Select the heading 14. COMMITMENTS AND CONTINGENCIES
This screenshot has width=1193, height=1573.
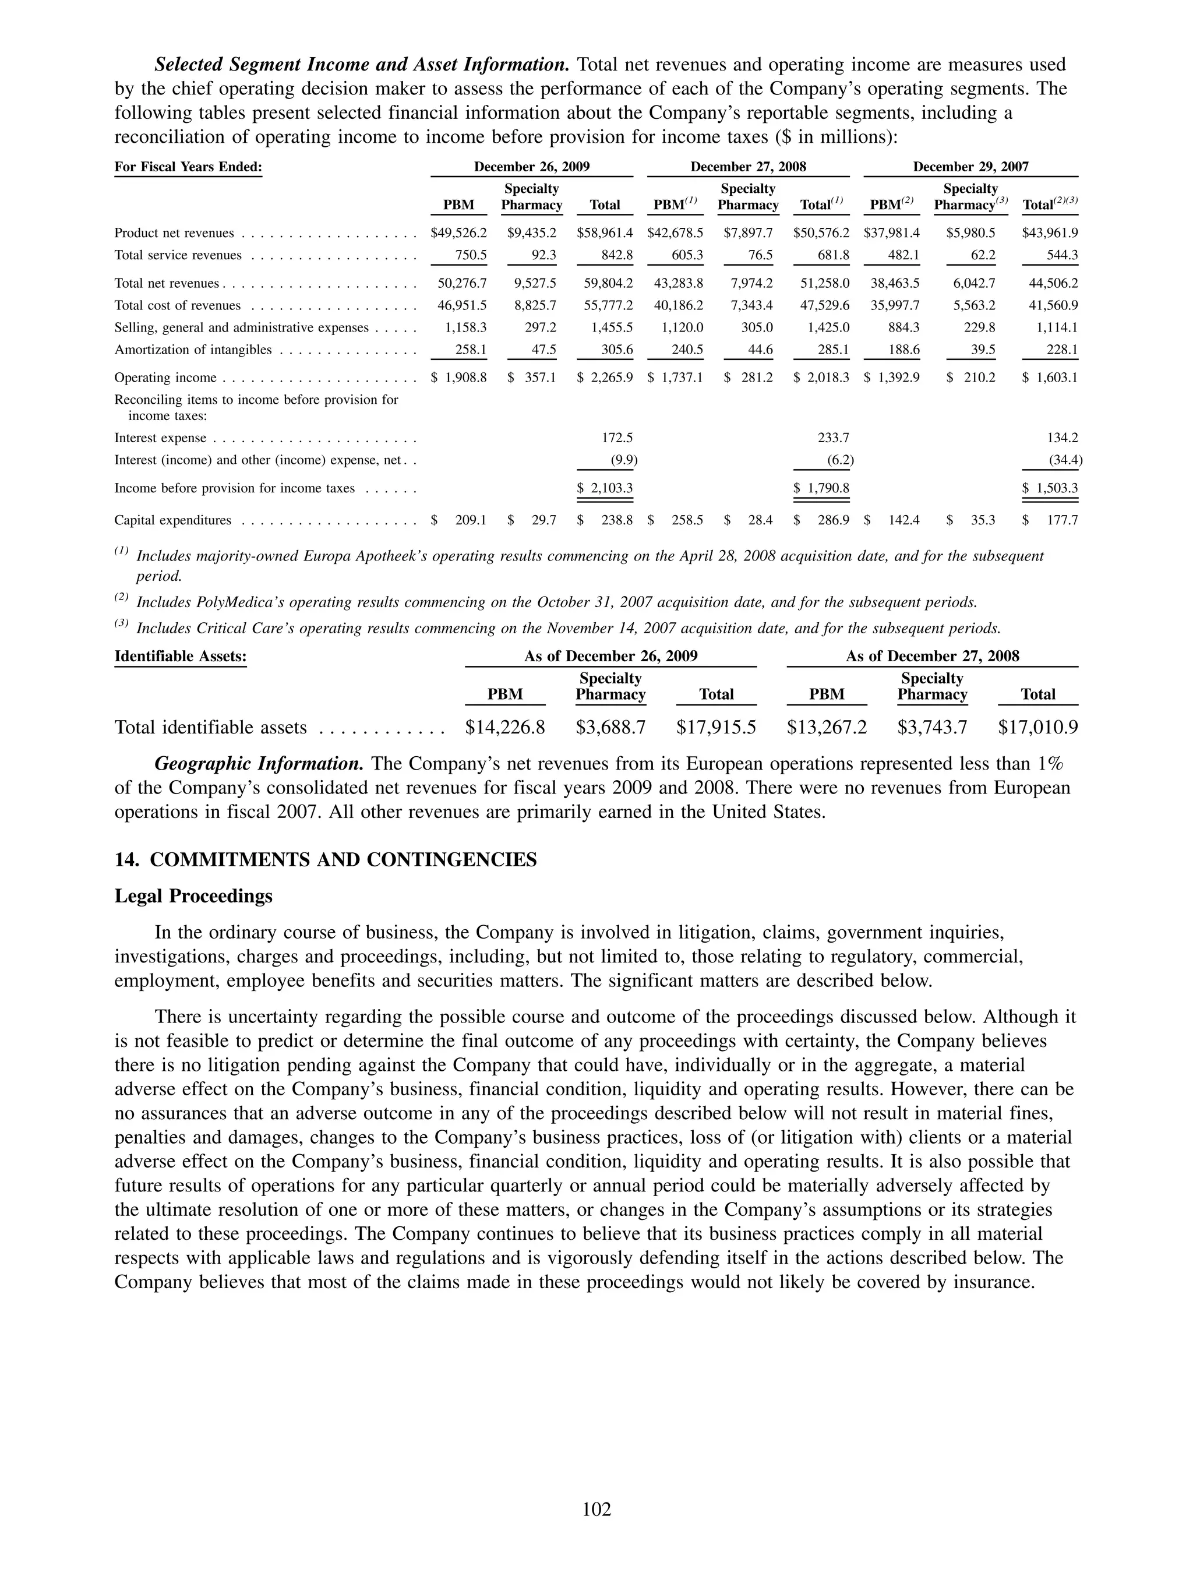(325, 860)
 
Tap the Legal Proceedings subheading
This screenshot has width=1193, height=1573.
(193, 896)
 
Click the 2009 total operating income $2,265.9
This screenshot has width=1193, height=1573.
(605, 378)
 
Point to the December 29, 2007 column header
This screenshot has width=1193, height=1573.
(970, 167)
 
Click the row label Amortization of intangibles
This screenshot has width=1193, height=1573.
(193, 350)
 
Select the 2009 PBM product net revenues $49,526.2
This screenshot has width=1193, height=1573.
(458, 233)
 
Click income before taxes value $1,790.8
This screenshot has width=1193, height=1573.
(822, 489)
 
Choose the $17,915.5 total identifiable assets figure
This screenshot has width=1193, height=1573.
(716, 728)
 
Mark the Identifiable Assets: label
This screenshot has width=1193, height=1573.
(181, 657)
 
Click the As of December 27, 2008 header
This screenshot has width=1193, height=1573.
(932, 657)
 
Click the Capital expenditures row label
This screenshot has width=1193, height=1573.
(173, 520)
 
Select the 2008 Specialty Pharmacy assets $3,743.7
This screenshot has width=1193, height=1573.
(932, 728)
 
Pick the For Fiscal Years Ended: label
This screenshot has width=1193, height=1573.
(188, 167)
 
